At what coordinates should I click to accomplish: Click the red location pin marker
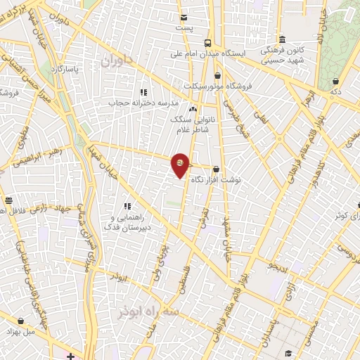181,165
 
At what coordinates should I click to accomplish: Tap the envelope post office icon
184,18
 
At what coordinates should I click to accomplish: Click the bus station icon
207,41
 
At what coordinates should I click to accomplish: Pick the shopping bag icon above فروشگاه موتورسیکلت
217,75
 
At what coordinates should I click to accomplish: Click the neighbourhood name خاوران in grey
116,62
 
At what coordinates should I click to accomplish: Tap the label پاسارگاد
65,70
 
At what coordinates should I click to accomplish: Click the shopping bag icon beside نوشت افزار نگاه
216,169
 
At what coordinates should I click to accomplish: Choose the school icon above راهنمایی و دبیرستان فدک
128,206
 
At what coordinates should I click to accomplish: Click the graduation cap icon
290,352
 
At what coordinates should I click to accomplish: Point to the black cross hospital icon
70,356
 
